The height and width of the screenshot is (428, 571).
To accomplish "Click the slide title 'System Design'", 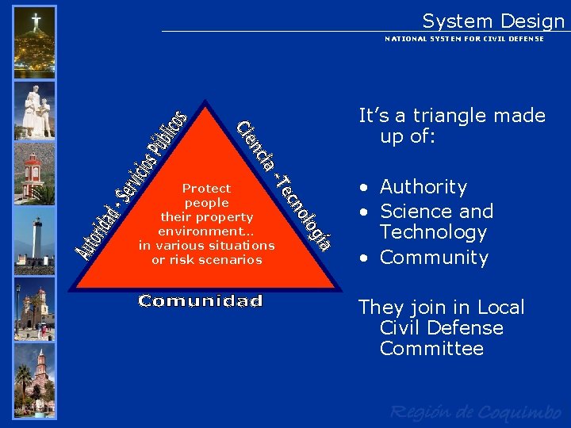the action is (x=492, y=21).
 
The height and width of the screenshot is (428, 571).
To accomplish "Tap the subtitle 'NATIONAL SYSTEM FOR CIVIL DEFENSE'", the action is (x=464, y=39).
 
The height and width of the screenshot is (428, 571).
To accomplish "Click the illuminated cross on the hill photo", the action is (x=36, y=21).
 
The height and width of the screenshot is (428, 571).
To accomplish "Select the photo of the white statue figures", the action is (x=36, y=110).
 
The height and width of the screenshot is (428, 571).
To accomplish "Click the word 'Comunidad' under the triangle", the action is (x=200, y=301).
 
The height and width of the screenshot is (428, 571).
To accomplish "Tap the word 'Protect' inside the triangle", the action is (x=206, y=189).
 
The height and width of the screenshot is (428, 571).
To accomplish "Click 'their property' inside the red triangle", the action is (x=206, y=217).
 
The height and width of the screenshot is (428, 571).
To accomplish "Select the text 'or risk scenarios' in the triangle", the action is (x=206, y=260).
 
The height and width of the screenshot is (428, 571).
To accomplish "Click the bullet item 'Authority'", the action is (x=423, y=187).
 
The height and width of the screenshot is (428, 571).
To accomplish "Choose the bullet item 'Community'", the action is (x=434, y=258).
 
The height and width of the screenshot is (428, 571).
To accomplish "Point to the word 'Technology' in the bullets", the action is (x=433, y=232).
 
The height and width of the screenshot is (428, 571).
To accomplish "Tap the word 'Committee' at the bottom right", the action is (x=431, y=349).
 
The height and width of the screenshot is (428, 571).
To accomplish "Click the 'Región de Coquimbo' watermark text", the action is (x=476, y=411).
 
